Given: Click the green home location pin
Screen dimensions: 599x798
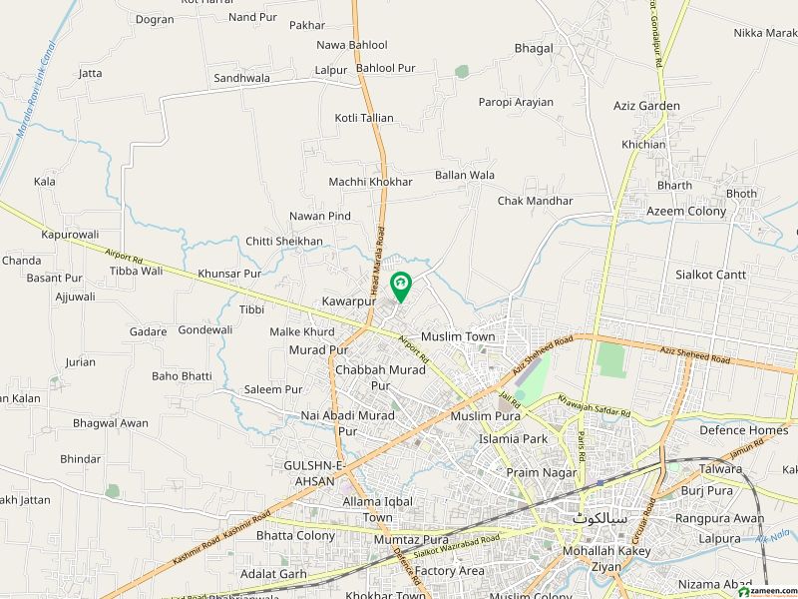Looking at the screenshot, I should [401, 287].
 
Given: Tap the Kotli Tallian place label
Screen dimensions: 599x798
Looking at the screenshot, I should [364, 118].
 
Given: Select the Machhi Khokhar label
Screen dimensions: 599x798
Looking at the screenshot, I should [370, 182].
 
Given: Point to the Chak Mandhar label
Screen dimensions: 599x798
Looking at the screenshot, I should [536, 201].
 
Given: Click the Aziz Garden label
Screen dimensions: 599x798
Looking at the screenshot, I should [646, 106].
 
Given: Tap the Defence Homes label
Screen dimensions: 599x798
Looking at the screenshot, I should [743, 430].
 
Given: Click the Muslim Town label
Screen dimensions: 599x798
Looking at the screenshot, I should [458, 336].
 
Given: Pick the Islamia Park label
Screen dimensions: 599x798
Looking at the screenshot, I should [514, 438].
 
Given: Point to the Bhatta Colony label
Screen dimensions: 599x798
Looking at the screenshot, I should [295, 535].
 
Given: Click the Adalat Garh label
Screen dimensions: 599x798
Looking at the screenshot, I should [273, 574].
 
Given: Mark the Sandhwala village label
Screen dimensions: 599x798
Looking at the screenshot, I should [241, 77].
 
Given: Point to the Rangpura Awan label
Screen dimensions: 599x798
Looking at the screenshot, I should [719, 518].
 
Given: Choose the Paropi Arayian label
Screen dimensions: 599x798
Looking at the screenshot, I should [515, 103].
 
